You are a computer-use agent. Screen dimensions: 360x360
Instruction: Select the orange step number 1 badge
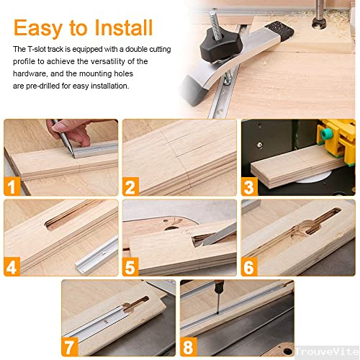(x=12, y=188)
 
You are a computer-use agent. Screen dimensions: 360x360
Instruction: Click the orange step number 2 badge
(x=130, y=188)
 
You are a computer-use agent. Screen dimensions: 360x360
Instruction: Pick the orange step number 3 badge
(x=248, y=188)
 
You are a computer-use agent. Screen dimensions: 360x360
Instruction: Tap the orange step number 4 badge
(x=12, y=267)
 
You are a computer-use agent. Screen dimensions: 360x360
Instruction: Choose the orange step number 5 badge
(x=130, y=267)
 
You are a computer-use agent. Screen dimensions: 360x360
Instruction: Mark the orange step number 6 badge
(x=248, y=267)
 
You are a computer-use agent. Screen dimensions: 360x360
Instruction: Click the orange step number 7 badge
(x=71, y=347)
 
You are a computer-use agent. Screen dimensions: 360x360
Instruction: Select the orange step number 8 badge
(x=189, y=347)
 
